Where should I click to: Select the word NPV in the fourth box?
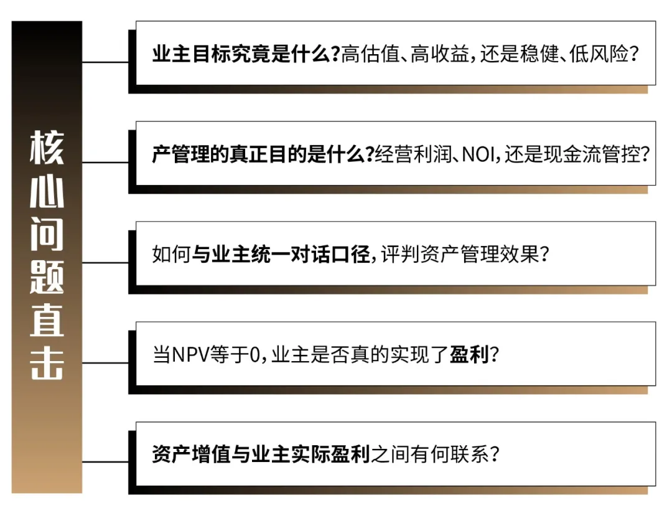192,355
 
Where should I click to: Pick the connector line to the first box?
106,62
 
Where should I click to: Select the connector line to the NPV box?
106,362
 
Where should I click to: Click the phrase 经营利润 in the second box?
411,154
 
